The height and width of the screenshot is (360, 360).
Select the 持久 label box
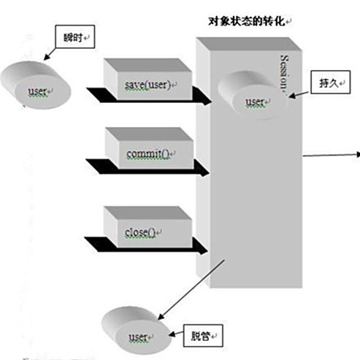(x=324, y=82)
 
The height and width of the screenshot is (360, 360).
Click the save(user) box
(x=148, y=86)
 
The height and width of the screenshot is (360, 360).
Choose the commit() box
(x=148, y=153)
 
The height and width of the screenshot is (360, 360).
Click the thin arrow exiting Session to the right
(x=330, y=154)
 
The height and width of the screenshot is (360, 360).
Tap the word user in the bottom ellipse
(x=139, y=337)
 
